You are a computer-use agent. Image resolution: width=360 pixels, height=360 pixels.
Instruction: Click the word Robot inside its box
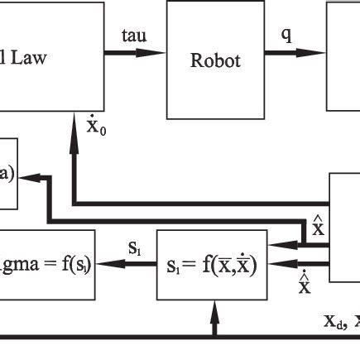(214, 60)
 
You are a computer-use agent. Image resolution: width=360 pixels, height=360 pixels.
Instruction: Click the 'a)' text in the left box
(6, 176)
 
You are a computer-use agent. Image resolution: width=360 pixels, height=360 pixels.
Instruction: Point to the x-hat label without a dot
(316, 224)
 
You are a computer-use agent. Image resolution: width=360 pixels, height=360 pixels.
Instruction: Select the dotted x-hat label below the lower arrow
(305, 285)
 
